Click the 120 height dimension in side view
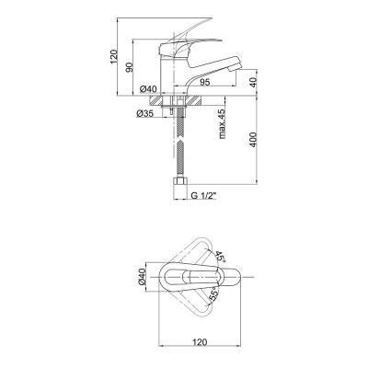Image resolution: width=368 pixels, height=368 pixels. [113, 56]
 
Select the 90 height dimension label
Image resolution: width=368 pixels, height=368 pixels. [129, 67]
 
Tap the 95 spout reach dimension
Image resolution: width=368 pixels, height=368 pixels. [204, 82]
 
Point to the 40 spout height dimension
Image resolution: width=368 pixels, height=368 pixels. [253, 82]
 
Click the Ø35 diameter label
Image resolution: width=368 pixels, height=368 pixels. [144, 114]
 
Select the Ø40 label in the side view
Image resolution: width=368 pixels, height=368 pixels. [148, 89]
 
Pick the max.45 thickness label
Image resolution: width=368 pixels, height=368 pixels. [222, 123]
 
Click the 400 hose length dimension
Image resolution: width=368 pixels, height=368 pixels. [253, 140]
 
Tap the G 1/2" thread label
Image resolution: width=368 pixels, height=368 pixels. [204, 196]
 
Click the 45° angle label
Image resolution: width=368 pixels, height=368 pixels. [220, 256]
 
